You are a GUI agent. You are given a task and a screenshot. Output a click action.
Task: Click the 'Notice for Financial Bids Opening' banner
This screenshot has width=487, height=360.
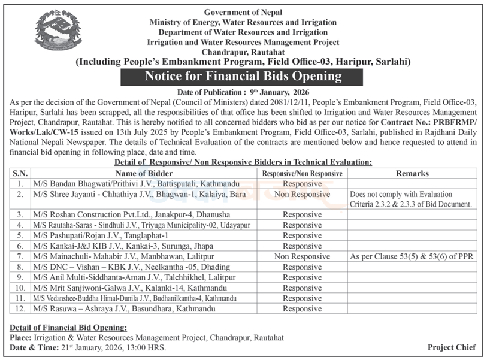[243, 77]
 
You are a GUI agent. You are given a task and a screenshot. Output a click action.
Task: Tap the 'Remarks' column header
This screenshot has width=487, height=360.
[412, 173]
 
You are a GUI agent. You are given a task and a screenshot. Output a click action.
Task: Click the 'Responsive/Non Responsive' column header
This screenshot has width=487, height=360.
[302, 173]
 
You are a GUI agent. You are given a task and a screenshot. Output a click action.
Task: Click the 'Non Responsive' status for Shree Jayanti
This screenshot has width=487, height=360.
[302, 194]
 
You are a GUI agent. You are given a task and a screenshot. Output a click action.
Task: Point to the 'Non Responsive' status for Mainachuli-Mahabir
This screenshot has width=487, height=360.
[302, 256]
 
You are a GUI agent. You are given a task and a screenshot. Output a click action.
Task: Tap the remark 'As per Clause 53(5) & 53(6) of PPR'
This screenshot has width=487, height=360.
[412, 256]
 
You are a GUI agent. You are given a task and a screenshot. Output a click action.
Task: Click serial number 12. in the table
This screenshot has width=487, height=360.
[21, 308]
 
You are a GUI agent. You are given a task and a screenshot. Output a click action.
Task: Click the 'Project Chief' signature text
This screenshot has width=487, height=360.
[452, 347]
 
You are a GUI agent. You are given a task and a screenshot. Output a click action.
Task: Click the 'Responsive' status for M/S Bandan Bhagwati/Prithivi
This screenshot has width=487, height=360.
[302, 183]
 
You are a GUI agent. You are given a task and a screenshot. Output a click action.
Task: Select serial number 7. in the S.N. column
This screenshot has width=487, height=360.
[21, 256]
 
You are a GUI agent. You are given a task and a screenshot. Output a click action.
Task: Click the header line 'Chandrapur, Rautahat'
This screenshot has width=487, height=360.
[243, 52]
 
